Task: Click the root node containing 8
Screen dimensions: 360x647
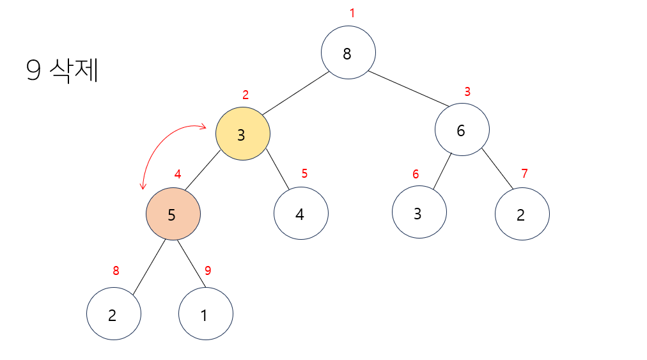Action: [348, 52]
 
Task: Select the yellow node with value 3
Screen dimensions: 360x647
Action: [243, 134]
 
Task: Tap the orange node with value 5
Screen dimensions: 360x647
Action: [173, 214]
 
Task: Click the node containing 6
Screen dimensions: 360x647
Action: [462, 129]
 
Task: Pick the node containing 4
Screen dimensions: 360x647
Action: [301, 214]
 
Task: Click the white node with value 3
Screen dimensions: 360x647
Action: [419, 212]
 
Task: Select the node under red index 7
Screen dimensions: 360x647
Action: [522, 214]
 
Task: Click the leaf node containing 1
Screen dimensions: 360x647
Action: [206, 314]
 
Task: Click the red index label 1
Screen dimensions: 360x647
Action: [352, 13]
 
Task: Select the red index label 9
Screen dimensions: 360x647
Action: [208, 270]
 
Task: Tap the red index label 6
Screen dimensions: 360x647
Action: [416, 174]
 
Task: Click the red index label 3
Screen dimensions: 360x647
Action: [467, 92]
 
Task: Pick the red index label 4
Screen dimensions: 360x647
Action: [178, 174]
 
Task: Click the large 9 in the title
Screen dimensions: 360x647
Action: [33, 71]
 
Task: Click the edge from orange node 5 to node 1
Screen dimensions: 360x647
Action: [189, 265]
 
